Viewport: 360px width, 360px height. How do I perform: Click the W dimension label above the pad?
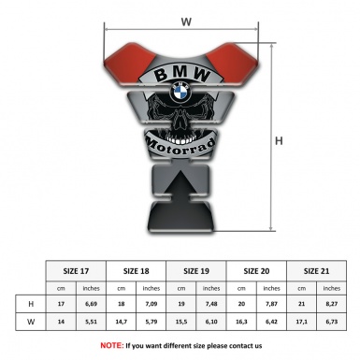(186, 22)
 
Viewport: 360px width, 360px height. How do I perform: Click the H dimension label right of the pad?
(279, 141)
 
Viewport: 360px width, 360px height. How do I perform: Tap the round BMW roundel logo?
(181, 92)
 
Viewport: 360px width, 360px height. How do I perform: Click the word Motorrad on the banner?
(180, 146)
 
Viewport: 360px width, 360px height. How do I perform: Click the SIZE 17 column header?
(76, 271)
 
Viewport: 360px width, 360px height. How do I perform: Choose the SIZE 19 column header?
(196, 271)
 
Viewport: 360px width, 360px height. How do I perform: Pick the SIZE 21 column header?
(316, 271)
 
